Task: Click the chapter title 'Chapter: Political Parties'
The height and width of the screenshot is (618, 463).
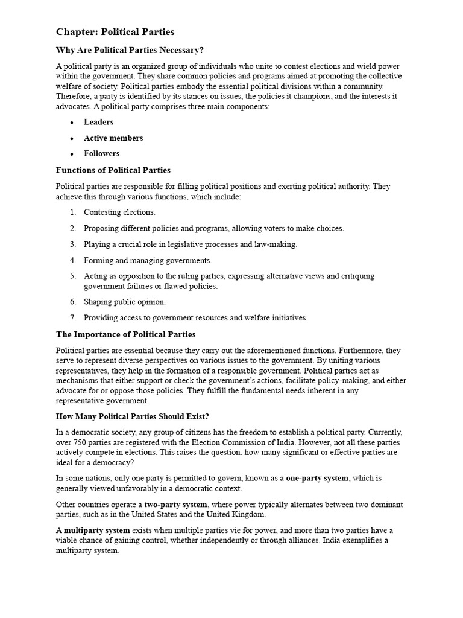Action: (115, 31)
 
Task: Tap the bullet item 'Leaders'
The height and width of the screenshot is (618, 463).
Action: (98, 122)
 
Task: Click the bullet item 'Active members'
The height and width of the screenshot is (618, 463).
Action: (113, 138)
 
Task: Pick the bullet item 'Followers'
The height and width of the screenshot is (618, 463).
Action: (101, 153)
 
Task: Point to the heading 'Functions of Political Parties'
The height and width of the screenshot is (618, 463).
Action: (113, 170)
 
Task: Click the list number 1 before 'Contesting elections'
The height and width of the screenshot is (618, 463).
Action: (72, 212)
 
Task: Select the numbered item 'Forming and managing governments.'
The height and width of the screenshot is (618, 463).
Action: (148, 261)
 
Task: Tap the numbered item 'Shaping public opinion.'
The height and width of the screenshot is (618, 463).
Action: (124, 302)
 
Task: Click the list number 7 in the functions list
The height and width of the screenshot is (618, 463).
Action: (72, 317)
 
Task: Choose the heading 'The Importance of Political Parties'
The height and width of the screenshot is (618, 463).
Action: (125, 334)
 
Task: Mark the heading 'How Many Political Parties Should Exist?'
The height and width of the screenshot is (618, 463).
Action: (133, 416)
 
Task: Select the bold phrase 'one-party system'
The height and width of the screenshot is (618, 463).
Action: (317, 478)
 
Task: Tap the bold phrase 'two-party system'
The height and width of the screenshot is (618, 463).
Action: (176, 504)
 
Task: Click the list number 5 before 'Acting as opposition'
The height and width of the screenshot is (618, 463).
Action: (72, 276)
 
